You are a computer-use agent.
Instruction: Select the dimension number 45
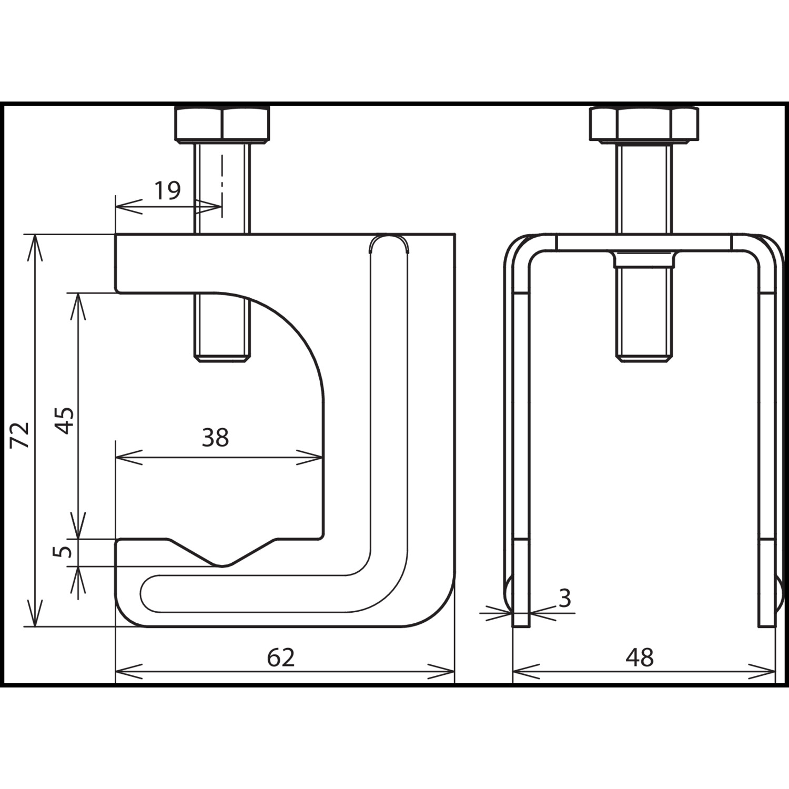(66, 420)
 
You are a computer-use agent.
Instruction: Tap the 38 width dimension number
(215, 438)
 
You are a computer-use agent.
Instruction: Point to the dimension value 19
(168, 190)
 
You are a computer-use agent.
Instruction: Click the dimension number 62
(281, 657)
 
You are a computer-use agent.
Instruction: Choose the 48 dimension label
(640, 657)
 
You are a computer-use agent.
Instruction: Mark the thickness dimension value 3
(564, 598)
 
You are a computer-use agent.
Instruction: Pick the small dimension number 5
(65, 552)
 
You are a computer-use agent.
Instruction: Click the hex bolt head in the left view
(222, 125)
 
